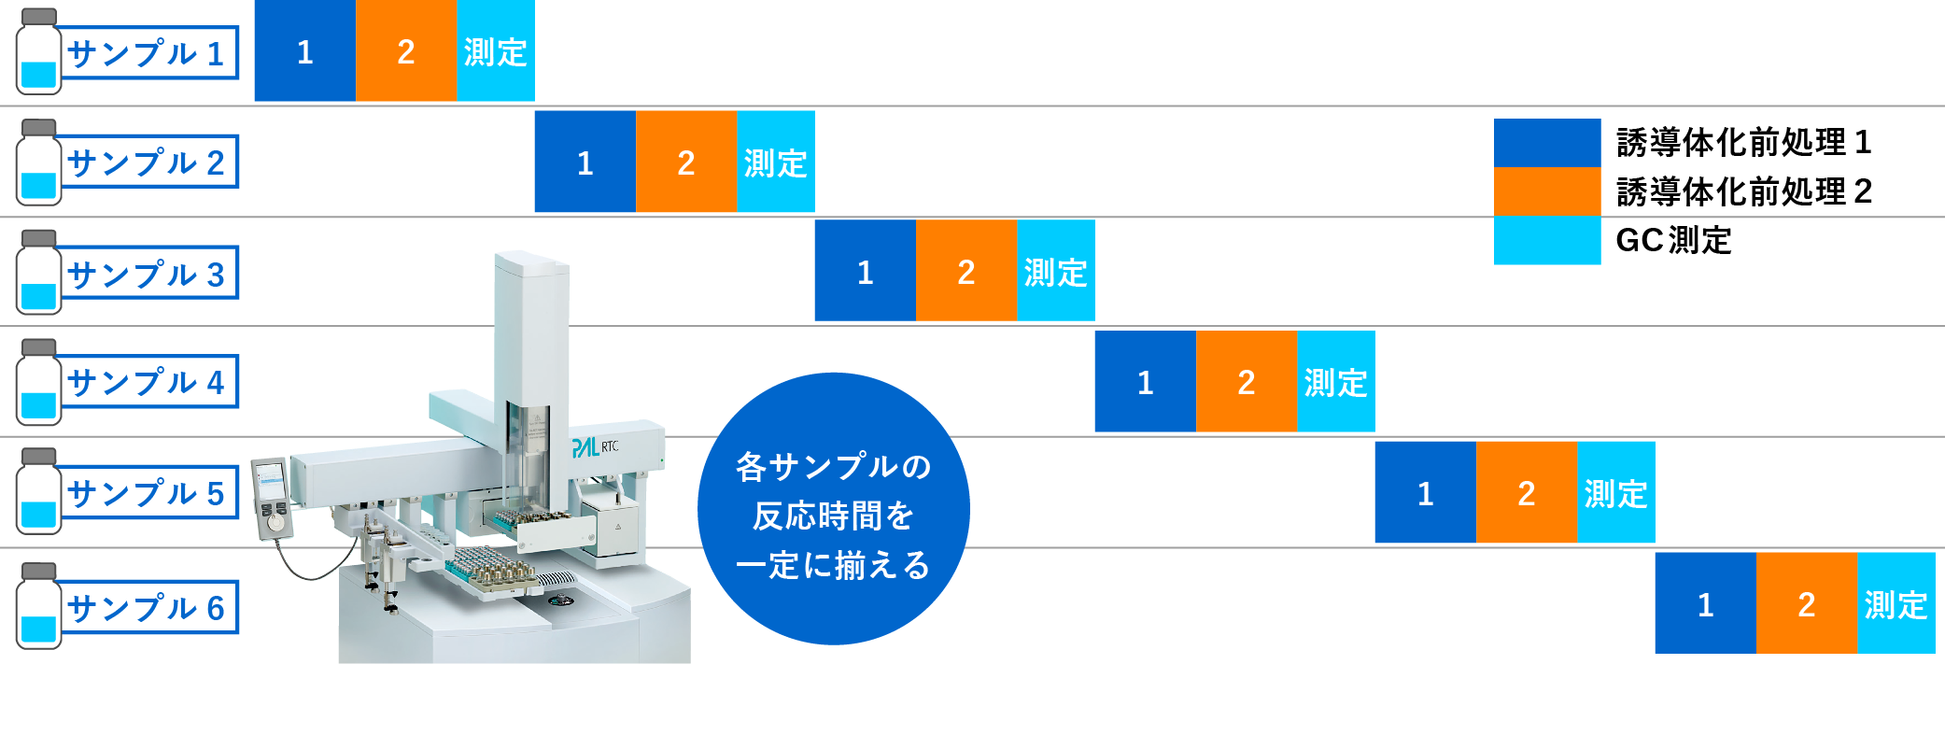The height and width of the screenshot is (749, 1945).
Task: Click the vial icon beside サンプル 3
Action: pyautogui.click(x=38, y=272)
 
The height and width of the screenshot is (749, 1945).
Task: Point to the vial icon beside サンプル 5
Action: pyautogui.click(x=38, y=491)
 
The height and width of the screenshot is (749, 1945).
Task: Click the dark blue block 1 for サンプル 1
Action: pyautogui.click(x=305, y=50)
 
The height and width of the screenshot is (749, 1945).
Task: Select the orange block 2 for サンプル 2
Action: pyautogui.click(x=686, y=162)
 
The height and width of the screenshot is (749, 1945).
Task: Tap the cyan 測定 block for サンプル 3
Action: pyautogui.click(x=1056, y=271)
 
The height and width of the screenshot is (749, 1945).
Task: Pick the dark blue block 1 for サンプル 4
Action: pyautogui.click(x=1146, y=381)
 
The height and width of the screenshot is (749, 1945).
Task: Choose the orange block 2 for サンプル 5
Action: pyautogui.click(x=1527, y=492)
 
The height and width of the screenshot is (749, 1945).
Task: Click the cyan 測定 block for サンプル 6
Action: pyautogui.click(x=1896, y=603)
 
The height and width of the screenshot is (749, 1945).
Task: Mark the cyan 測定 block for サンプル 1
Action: pyautogui.click(x=496, y=50)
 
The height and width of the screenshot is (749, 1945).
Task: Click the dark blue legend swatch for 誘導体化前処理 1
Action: pyautogui.click(x=1547, y=143)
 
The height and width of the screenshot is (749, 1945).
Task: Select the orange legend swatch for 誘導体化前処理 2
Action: pyautogui.click(x=1547, y=192)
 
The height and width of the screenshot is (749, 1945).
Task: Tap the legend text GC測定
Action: pyautogui.click(x=1673, y=241)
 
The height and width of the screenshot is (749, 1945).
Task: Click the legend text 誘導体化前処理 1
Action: pyautogui.click(x=1743, y=143)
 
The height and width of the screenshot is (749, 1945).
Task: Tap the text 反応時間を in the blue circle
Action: pyautogui.click(x=833, y=516)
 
